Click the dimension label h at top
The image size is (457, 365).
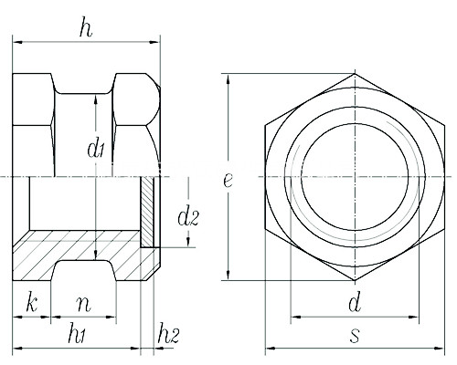point(86,29)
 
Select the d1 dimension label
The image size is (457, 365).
point(96,148)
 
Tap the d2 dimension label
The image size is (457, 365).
point(188,215)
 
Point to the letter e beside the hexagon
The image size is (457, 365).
point(228,180)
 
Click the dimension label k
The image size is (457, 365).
point(32,302)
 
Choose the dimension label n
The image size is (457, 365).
point(84,305)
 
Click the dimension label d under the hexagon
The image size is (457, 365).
point(355,302)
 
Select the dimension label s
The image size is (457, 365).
point(355,336)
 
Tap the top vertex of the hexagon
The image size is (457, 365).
point(355,74)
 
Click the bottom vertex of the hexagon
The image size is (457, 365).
point(355,280)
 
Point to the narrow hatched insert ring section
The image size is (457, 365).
point(147,212)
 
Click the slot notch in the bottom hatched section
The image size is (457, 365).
point(84,270)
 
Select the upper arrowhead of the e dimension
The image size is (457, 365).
point(228,79)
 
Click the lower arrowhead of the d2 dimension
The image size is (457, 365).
point(188,242)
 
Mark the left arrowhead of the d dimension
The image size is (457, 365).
point(296,318)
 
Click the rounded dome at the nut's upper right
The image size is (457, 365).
point(152,99)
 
